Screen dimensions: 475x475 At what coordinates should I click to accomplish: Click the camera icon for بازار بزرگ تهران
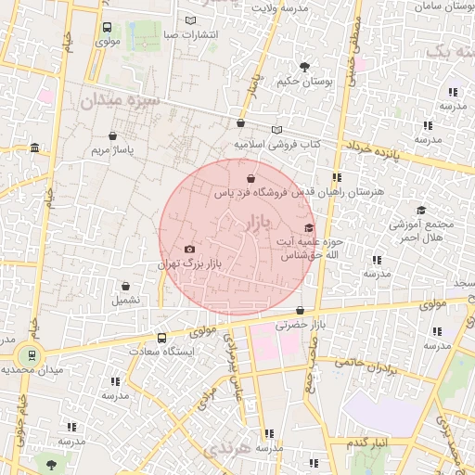(190, 249)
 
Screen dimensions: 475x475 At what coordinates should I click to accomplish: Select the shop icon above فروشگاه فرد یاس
(250, 178)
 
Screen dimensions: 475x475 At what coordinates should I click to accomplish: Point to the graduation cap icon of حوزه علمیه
(309, 227)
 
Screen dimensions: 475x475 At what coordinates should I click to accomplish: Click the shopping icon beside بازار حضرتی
(300, 311)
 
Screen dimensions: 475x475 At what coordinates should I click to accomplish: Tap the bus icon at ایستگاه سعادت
(162, 338)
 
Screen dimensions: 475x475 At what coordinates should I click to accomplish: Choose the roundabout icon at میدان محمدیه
(30, 354)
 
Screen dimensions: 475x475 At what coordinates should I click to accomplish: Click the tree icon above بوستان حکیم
(305, 66)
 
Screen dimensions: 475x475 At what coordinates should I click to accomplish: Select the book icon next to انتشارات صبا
(191, 20)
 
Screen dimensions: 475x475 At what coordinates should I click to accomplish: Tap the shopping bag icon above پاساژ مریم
(112, 135)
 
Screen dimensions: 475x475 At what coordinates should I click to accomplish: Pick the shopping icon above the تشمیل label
(126, 285)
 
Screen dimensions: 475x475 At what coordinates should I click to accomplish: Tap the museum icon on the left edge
(34, 148)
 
